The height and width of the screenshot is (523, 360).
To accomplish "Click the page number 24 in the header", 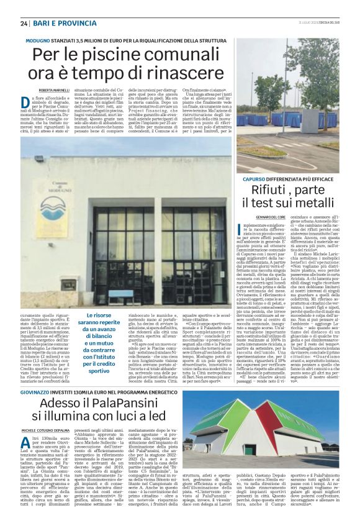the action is (24, 24).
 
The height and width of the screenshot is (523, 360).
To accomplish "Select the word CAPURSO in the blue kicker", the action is (256, 178).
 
